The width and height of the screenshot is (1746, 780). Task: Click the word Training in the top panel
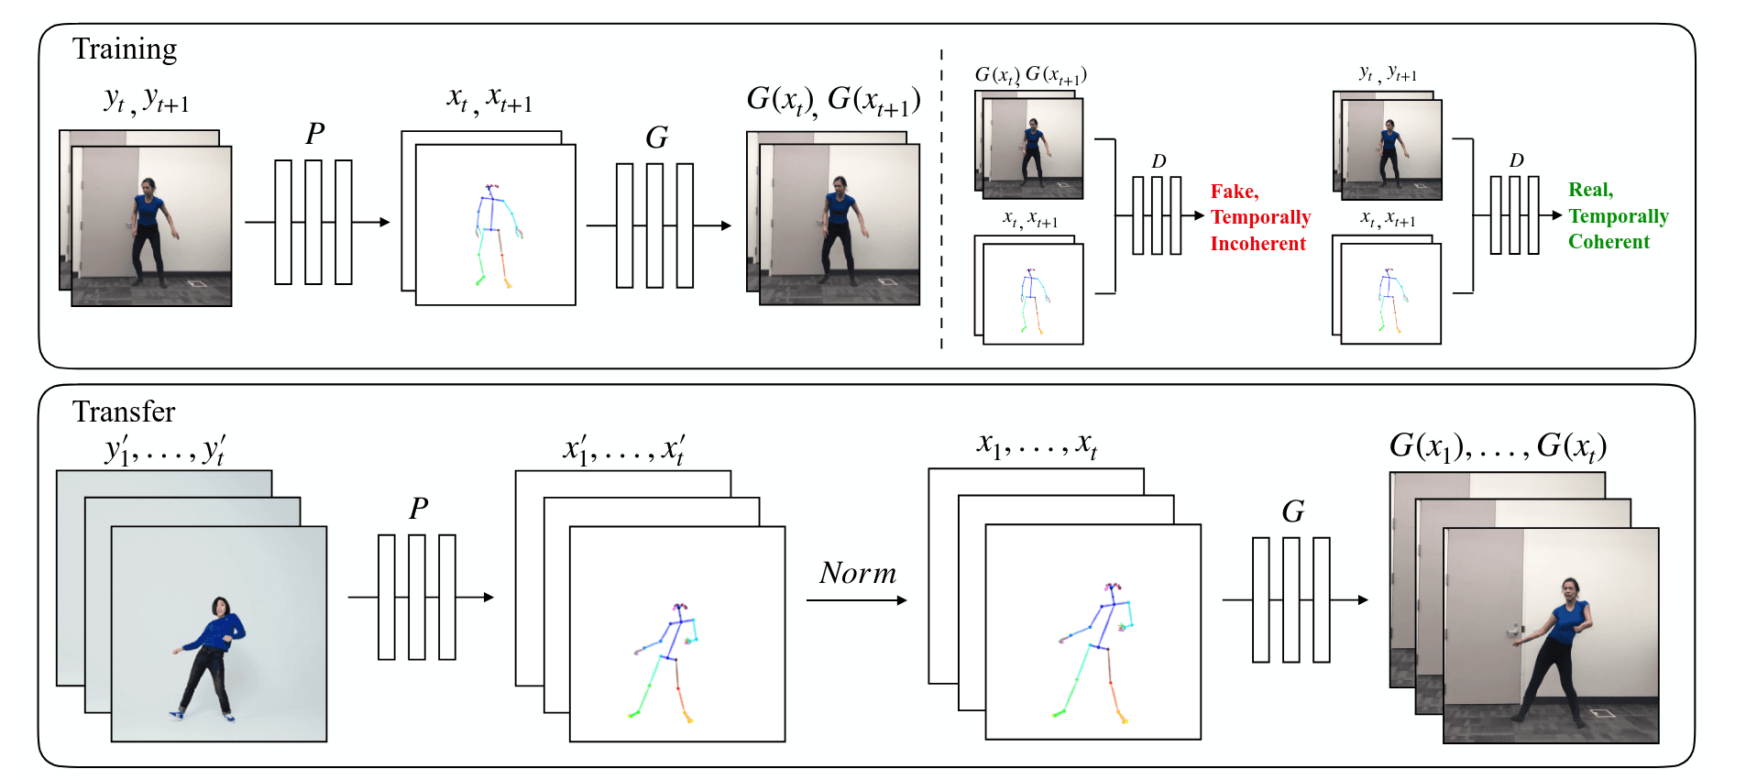[125, 49]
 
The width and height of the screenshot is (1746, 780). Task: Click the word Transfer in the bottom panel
[124, 412]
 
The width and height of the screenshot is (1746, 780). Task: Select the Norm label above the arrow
[857, 573]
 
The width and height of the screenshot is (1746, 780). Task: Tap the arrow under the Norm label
[857, 600]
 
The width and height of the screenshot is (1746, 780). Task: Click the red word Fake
[1234, 192]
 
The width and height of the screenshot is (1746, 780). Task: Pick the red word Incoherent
[1257, 244]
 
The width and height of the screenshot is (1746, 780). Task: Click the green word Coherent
[1609, 242]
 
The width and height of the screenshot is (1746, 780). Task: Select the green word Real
[1589, 190]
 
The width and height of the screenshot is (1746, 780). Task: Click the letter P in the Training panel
[314, 134]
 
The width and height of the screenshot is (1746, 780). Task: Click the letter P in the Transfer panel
[418, 508]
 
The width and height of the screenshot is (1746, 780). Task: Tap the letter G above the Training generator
[656, 137]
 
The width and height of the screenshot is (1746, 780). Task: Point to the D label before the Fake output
[1159, 161]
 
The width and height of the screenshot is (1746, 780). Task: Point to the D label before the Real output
[1516, 160]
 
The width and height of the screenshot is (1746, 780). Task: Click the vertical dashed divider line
[941, 202]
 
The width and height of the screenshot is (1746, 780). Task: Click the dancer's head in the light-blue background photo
[220, 606]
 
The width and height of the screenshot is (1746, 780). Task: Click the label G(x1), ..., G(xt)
[1498, 446]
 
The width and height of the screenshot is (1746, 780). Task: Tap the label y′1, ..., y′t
[165, 450]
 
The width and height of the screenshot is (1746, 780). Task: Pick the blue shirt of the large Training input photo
[148, 210]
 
